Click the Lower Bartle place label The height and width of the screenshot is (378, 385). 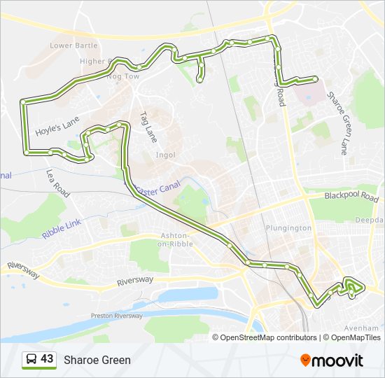73,45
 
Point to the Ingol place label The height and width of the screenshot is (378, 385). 166,155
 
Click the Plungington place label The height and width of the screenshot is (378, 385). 288,228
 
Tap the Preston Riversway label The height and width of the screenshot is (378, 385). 117,316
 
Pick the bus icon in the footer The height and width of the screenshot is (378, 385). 31,360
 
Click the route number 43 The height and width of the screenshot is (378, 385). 47,359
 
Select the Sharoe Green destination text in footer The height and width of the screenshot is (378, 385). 97,360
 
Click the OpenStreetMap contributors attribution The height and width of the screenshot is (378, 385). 269,337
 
